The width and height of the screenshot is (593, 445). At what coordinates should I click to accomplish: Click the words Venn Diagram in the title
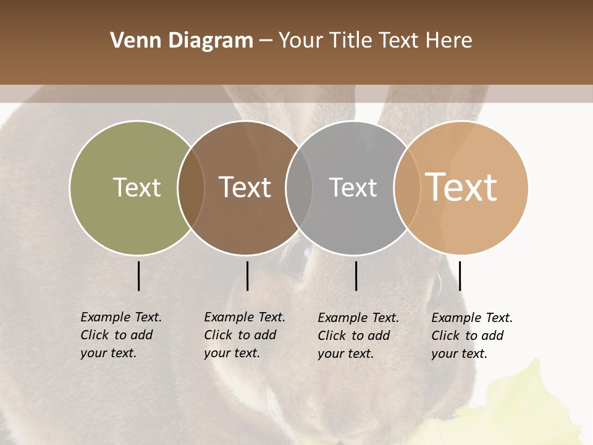pyautogui.click(x=182, y=41)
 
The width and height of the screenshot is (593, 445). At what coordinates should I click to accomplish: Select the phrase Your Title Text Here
pyautogui.click(x=375, y=41)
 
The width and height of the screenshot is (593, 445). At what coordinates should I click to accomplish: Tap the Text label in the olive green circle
pyautogui.click(x=137, y=187)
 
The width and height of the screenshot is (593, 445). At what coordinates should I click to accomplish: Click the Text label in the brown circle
pyautogui.click(x=245, y=187)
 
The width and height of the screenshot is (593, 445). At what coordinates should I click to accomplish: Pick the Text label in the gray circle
pyautogui.click(x=353, y=187)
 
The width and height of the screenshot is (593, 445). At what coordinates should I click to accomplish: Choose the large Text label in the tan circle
pyautogui.click(x=461, y=187)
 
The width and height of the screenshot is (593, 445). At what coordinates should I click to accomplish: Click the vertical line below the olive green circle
pyautogui.click(x=138, y=276)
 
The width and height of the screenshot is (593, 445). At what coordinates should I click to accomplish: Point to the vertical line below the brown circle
pyautogui.click(x=247, y=276)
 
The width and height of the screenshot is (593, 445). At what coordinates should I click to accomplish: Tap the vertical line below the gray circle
pyautogui.click(x=356, y=276)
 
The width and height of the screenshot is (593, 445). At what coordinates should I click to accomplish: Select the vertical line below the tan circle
pyautogui.click(x=460, y=276)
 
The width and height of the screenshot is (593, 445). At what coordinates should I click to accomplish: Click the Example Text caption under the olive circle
pyautogui.click(x=121, y=335)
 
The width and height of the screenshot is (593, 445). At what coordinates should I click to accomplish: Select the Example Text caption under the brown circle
pyautogui.click(x=245, y=335)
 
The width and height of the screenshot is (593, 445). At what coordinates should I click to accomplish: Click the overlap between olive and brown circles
pyautogui.click(x=191, y=187)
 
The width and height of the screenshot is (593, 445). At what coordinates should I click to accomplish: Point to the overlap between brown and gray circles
pyautogui.click(x=299, y=187)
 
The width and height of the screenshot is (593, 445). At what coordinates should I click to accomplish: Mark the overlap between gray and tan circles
pyautogui.click(x=406, y=187)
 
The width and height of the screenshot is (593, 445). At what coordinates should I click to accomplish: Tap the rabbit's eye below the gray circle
pyautogui.click(x=295, y=253)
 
